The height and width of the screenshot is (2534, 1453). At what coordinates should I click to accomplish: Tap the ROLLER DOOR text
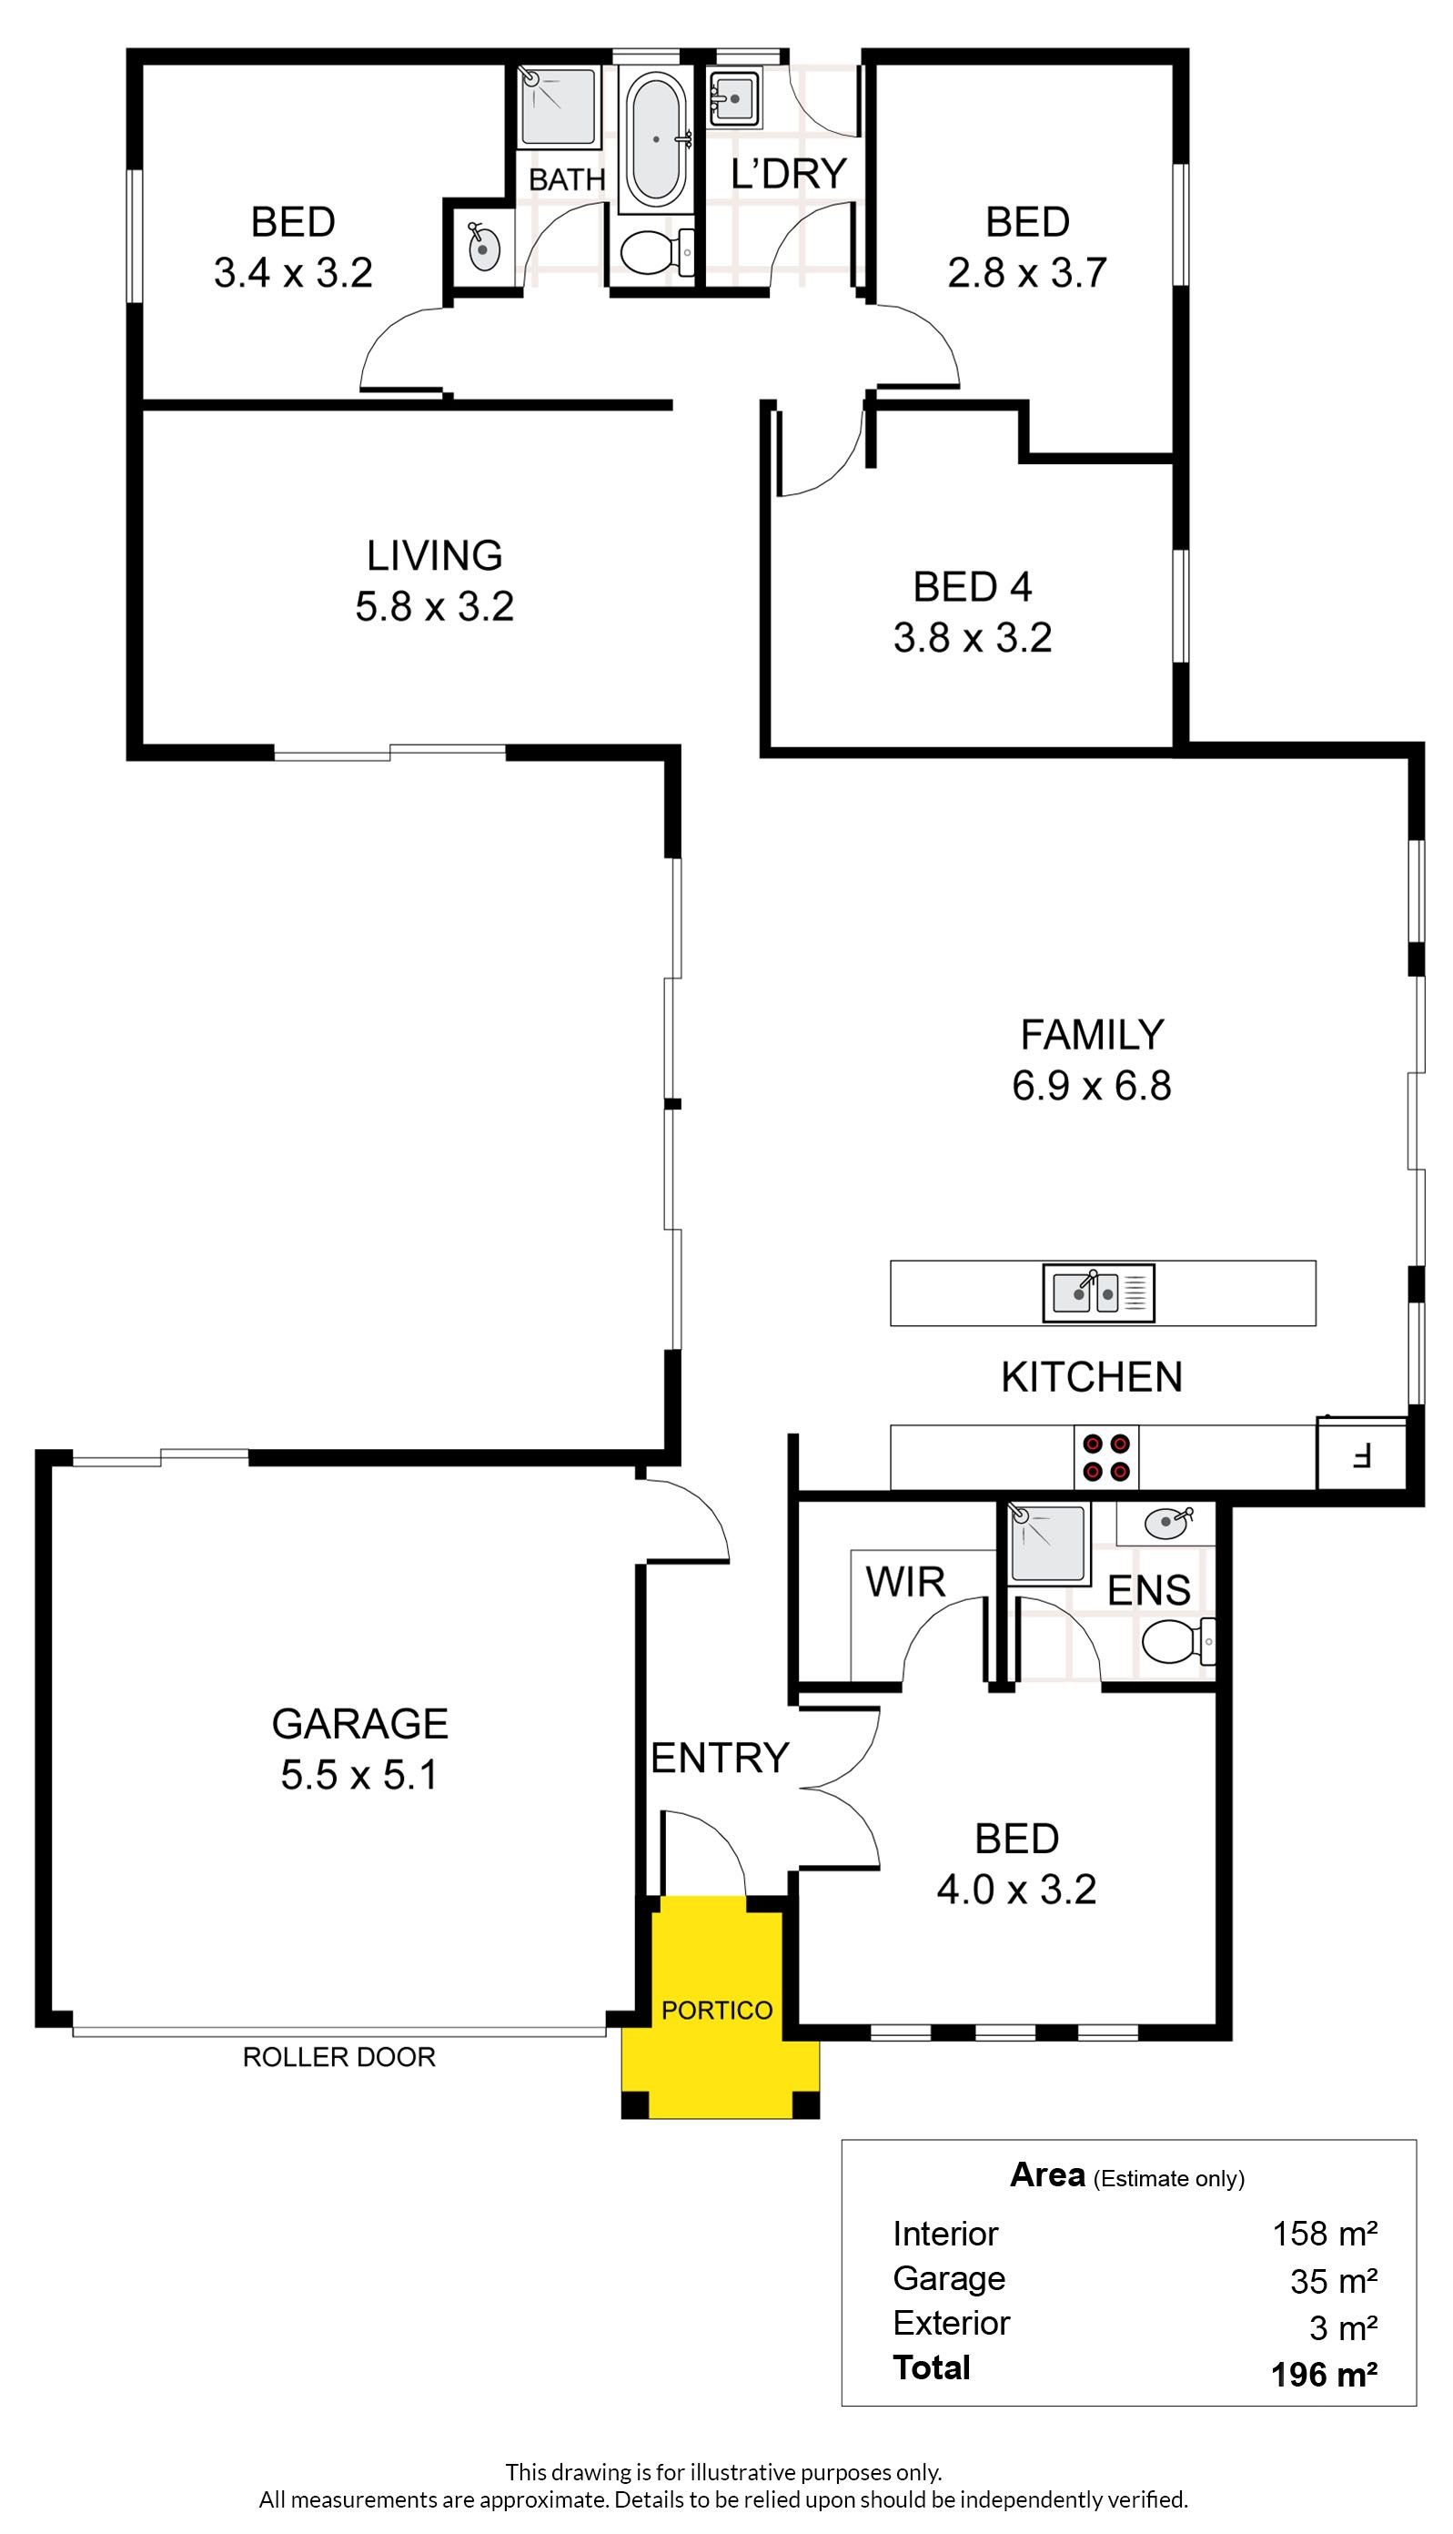pos(339,2057)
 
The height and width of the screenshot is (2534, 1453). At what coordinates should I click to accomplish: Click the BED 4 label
pos(972,587)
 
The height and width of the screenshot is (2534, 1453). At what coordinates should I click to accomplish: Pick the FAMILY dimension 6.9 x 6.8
pos(1092,1086)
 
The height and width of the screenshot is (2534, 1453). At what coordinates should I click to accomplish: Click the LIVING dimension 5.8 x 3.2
pos(434,607)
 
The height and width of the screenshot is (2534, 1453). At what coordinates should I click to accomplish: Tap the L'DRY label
pos(789,174)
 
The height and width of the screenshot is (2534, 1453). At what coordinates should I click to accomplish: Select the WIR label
pos(905,1582)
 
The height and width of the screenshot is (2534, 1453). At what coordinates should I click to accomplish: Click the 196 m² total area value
pos(1325,2375)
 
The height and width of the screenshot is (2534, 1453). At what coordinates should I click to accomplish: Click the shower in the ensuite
pos(1048,1543)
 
